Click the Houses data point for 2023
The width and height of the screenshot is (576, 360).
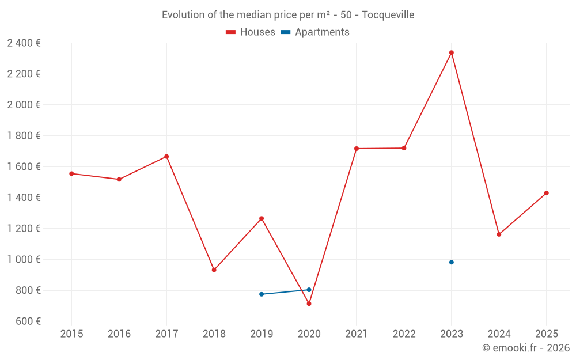452,52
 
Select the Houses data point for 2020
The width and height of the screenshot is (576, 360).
309,304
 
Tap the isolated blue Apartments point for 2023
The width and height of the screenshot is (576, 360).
452,262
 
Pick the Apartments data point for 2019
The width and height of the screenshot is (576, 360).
262,294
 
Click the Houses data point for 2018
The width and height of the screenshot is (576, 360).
214,270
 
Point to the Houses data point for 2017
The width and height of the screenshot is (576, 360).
166,157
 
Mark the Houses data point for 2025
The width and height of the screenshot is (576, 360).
547,193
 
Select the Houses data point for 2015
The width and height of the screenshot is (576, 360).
71,173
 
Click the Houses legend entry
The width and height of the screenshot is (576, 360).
251,32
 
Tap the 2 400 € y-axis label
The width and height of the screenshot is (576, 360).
24,43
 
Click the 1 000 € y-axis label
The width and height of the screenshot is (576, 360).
24,259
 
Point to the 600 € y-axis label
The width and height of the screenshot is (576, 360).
27,321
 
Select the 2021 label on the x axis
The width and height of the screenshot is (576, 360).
357,334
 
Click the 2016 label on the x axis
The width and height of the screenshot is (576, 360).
119,334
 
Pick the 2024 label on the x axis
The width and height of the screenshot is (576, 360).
499,334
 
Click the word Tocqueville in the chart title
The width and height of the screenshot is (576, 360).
388,15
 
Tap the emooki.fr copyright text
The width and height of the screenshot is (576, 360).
525,348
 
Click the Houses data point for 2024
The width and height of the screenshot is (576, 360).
499,234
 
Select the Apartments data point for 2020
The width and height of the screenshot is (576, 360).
309,290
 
